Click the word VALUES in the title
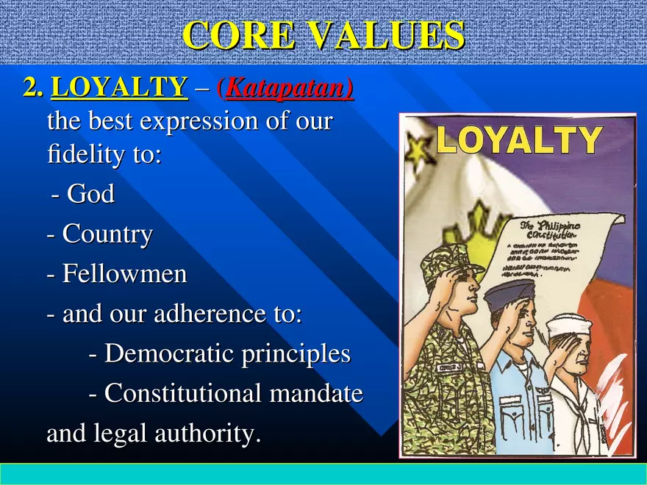tap(390, 35)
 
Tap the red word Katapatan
tap(290, 89)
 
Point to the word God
tap(91, 195)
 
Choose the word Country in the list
tap(107, 235)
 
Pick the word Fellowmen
tap(124, 275)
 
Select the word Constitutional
tap(184, 394)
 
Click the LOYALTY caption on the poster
tap(519, 140)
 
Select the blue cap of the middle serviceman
tap(510, 291)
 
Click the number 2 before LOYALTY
tap(31, 88)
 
